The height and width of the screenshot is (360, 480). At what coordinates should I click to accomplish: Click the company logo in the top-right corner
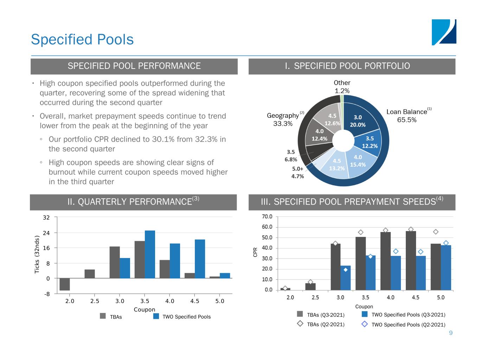444,32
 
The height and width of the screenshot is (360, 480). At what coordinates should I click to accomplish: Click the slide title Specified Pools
82,39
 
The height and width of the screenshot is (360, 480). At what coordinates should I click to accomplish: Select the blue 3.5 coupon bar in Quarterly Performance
150,254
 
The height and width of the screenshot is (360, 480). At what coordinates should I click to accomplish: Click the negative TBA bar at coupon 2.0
65,284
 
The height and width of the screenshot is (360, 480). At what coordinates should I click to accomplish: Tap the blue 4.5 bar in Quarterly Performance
200,259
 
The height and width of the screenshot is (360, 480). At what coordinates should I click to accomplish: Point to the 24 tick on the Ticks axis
46,233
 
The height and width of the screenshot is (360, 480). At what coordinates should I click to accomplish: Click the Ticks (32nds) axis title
37,255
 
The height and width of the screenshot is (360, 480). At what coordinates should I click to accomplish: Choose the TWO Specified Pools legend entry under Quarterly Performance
186,317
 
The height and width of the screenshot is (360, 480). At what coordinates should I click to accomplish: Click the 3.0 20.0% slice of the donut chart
359,121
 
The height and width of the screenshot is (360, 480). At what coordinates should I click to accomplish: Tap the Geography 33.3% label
283,120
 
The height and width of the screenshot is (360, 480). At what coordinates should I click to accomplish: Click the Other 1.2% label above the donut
342,86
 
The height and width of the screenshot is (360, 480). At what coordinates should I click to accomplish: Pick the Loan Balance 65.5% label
407,116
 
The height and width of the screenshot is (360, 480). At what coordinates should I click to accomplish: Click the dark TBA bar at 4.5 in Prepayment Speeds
411,260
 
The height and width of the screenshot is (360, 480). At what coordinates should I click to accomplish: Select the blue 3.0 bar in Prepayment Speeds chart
346,278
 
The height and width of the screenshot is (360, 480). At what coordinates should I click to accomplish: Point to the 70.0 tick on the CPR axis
267,216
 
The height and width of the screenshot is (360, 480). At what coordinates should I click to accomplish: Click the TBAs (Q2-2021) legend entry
325,324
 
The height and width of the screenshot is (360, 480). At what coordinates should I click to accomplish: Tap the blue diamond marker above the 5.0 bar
446,243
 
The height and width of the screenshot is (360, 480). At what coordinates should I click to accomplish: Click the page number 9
451,333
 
